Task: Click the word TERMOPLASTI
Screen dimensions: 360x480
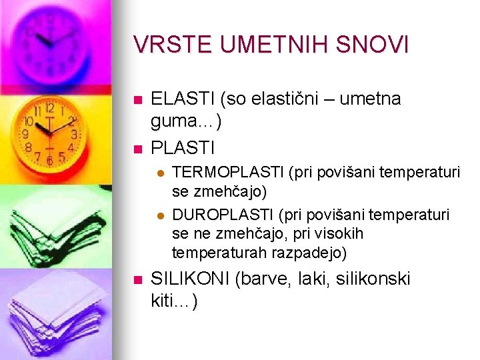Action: click(228, 173)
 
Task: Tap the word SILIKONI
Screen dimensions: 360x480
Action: click(191, 279)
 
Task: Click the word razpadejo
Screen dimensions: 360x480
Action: click(305, 253)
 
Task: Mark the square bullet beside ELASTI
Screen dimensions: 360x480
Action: click(137, 101)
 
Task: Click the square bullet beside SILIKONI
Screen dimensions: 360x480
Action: click(137, 280)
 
